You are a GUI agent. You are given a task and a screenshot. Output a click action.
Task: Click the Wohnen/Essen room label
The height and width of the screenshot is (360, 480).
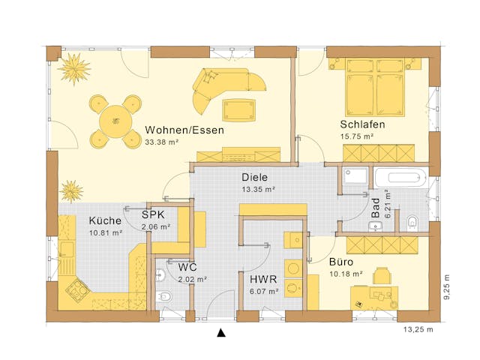(x=184, y=129)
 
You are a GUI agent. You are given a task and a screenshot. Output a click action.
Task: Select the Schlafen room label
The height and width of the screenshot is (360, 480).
(x=363, y=124)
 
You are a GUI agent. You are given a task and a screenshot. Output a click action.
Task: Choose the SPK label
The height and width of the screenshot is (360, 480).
(x=154, y=214)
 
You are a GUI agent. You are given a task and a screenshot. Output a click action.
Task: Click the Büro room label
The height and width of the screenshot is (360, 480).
(x=341, y=262)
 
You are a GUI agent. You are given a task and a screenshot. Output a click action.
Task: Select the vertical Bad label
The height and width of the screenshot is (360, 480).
(x=376, y=208)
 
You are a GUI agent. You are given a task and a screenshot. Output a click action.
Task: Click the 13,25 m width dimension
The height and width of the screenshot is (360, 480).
(x=420, y=329)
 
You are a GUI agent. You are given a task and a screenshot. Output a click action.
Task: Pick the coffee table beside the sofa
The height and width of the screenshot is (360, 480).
(x=238, y=109)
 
